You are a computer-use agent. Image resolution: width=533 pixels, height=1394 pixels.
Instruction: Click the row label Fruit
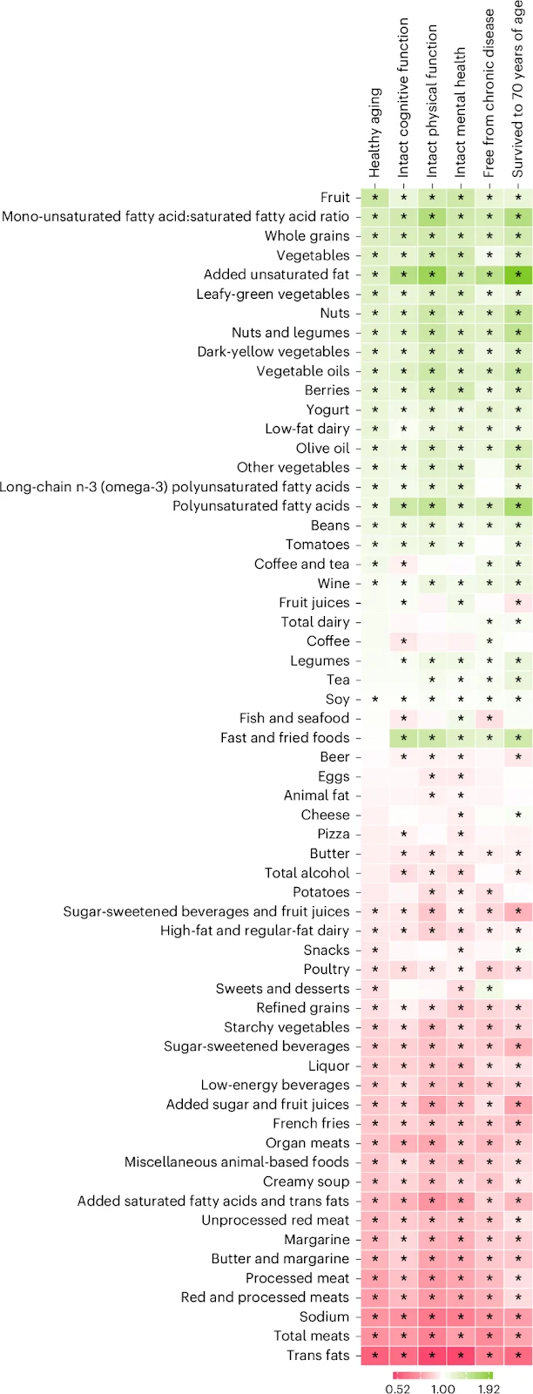[x=334, y=198]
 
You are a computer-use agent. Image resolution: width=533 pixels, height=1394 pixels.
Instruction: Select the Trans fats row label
[x=318, y=1355]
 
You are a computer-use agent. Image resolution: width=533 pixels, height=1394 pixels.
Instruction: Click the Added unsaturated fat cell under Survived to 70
[x=519, y=274]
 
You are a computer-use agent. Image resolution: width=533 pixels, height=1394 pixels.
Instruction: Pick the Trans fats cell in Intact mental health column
[x=461, y=1355]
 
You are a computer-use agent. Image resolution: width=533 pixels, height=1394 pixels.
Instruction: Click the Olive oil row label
[x=323, y=448]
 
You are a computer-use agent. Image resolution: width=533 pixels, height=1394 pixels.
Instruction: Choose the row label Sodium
[x=324, y=1316]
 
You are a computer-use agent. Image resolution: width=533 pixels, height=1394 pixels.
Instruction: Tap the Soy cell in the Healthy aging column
[x=375, y=699]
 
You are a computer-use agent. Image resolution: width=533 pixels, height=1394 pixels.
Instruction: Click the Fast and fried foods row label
[x=285, y=737]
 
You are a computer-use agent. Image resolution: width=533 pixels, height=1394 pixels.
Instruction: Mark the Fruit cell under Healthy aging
[x=375, y=198]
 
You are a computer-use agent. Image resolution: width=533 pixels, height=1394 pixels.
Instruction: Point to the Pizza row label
[x=334, y=834]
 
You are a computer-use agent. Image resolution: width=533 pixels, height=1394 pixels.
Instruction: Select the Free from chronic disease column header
[x=489, y=93]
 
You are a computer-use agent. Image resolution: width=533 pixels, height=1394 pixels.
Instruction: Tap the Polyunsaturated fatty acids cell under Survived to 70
[x=519, y=506]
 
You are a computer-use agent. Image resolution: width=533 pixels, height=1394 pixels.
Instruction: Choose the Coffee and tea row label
[x=301, y=564]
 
